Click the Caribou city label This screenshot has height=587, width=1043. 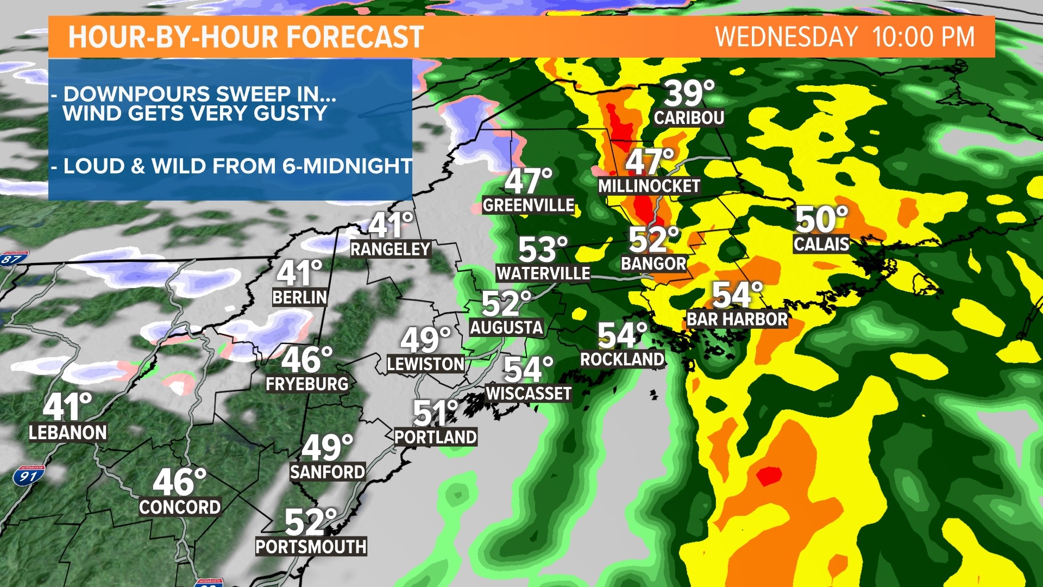[x=689, y=117]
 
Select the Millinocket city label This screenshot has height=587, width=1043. [x=649, y=186]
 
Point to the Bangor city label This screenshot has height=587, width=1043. [x=654, y=264]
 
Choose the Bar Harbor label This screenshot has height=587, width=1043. [x=737, y=319]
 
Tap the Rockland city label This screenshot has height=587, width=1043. [x=622, y=359]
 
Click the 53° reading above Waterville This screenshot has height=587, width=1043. [x=543, y=249]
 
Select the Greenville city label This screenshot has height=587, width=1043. [x=529, y=205]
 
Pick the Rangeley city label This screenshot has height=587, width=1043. [x=391, y=249]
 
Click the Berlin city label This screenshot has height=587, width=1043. [x=300, y=297]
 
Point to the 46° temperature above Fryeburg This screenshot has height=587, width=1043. [x=306, y=359]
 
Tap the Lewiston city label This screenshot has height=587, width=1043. [x=426, y=364]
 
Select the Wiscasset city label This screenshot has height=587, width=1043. [x=529, y=394]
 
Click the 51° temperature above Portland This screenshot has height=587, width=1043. [x=435, y=413]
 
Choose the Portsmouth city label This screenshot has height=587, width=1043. [x=311, y=546]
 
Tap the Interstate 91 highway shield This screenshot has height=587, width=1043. [x=28, y=476]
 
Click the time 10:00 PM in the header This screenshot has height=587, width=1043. [x=923, y=37]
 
